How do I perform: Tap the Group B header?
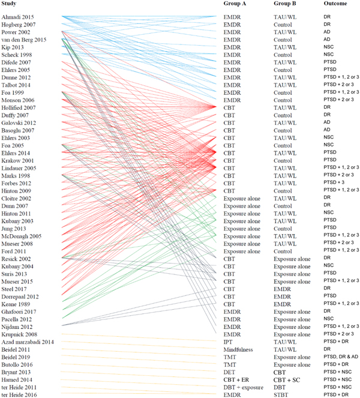pyautogui.click(x=286, y=5)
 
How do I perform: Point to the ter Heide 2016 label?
pyautogui.click(x=20, y=394)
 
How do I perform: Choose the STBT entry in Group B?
pyautogui.click(x=281, y=394)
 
